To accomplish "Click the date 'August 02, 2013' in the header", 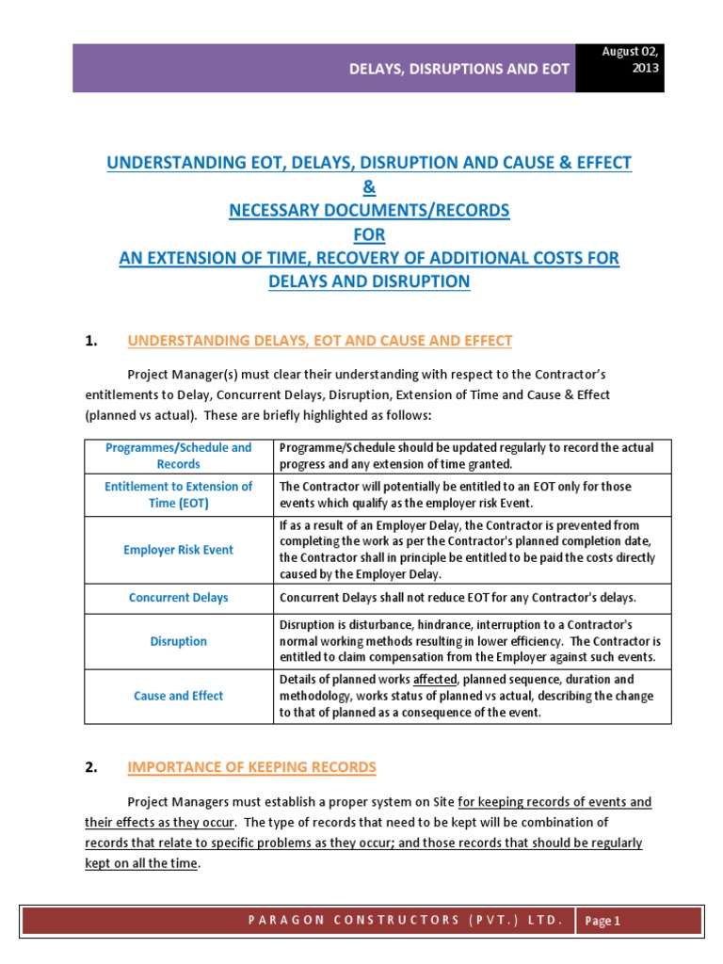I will [x=630, y=60].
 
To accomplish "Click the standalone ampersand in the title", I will [x=369, y=187].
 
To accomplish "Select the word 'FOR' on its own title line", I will [x=369, y=234].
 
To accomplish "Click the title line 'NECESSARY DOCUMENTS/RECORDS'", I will [x=369, y=211].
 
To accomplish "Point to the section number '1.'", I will [x=91, y=341].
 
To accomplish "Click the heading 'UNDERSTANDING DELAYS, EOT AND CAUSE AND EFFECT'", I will [x=319, y=341].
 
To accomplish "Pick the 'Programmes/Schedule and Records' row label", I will [x=178, y=456].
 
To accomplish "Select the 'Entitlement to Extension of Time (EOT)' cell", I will [x=178, y=494].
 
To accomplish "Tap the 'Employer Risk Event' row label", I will [x=178, y=550].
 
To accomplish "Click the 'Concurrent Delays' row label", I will [x=178, y=598].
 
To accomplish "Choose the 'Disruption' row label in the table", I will [x=178, y=641].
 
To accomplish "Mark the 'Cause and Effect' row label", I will [x=178, y=696].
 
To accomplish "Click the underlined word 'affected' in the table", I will [x=435, y=679].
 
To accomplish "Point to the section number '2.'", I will [x=91, y=767].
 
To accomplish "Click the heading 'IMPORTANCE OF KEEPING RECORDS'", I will [x=251, y=767].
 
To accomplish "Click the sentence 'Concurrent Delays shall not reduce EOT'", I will [x=458, y=598].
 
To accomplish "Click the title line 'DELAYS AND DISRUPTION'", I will [x=369, y=281].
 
